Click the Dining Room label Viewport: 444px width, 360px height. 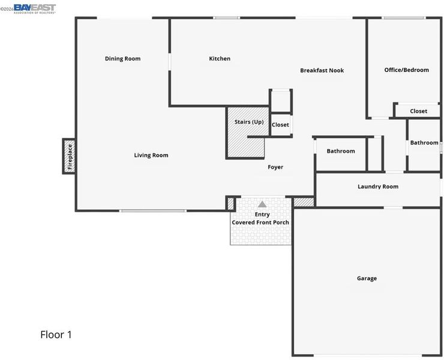tap(122, 59)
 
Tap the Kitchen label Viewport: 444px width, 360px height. tap(220, 59)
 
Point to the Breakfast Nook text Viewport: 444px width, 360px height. tap(322, 70)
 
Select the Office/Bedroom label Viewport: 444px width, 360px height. tap(406, 70)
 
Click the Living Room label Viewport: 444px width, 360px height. tap(151, 155)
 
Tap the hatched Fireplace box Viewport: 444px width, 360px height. tap(69, 157)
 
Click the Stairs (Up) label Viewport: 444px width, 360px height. tap(249, 122)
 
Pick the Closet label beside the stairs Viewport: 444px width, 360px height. tap(280, 125)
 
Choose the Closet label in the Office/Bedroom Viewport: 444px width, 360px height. tap(419, 111)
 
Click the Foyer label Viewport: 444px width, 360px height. tap(275, 167)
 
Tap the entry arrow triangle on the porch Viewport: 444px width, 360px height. tap(262, 204)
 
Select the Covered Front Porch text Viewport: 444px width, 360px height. tap(260, 223)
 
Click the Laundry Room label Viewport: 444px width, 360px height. tap(378, 187)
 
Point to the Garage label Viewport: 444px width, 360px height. tap(367, 278)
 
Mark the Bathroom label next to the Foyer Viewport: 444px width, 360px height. tap(341, 151)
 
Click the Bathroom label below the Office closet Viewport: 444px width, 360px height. tap(424, 142)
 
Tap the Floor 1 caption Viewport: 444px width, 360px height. tap(56, 335)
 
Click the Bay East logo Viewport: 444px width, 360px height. tap(35, 8)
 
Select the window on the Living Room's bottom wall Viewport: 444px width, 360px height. tap(152, 211)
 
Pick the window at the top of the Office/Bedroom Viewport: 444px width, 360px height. tap(404, 18)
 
